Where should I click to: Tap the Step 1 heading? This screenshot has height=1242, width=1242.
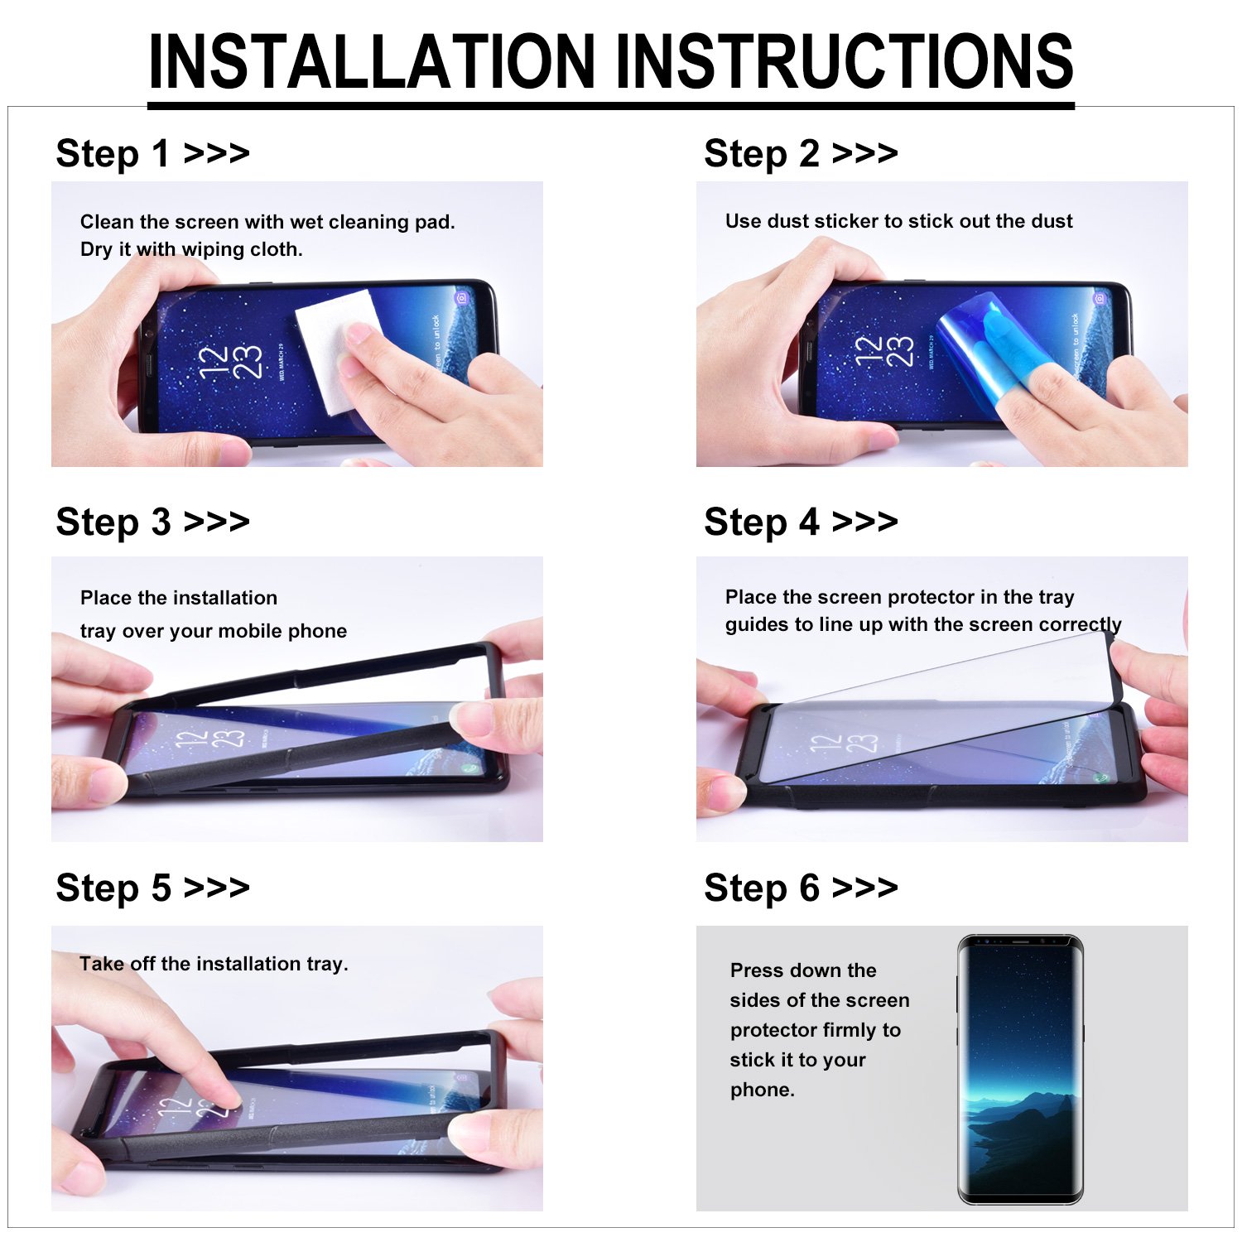[152, 154]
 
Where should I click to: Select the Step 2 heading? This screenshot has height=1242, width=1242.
[800, 154]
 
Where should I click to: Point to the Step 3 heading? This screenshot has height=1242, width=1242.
[152, 522]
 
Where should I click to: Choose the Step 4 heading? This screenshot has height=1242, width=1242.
[800, 522]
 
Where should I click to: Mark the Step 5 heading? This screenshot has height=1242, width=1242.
[152, 888]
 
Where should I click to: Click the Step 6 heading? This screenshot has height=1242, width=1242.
[800, 888]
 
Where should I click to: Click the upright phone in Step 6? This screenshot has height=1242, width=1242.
[1020, 1068]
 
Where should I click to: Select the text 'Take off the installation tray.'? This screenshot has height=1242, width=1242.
[214, 964]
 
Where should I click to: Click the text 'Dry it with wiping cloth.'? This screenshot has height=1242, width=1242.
[191, 249]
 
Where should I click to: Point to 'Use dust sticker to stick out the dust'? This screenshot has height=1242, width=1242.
[898, 221]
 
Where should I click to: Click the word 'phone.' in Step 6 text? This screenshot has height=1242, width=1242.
[762, 1090]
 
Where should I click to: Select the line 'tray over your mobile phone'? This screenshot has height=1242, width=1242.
[214, 631]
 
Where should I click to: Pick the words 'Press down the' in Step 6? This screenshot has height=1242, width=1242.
[802, 970]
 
